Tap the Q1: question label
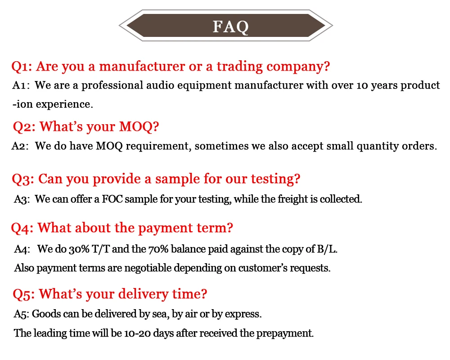click(x=21, y=67)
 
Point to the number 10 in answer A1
click(x=362, y=85)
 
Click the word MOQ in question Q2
click(x=135, y=127)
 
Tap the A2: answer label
click(x=20, y=146)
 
